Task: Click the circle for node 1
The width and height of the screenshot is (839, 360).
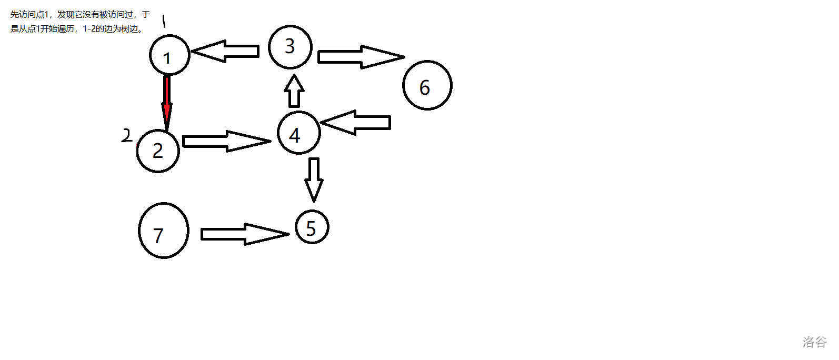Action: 169,55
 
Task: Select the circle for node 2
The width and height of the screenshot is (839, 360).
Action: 158,151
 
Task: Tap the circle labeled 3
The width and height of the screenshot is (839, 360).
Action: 290,47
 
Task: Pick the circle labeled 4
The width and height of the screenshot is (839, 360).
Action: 298,133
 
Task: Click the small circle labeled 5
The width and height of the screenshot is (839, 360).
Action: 312,227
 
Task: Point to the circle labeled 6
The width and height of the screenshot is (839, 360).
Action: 427,85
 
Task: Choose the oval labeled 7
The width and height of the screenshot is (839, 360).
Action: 163,231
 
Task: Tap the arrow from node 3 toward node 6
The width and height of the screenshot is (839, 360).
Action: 360,57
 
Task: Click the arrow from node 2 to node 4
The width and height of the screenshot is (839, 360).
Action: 226,141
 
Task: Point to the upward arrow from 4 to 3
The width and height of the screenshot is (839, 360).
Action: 295,91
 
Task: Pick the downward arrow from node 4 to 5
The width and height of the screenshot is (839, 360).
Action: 314,178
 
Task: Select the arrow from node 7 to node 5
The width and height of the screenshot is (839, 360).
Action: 244,234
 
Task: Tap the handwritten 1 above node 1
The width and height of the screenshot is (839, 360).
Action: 164,21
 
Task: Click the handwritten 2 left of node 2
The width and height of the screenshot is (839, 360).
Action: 126,135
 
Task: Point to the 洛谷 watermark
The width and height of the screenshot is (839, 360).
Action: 814,342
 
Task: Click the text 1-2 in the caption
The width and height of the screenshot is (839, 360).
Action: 89,29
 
